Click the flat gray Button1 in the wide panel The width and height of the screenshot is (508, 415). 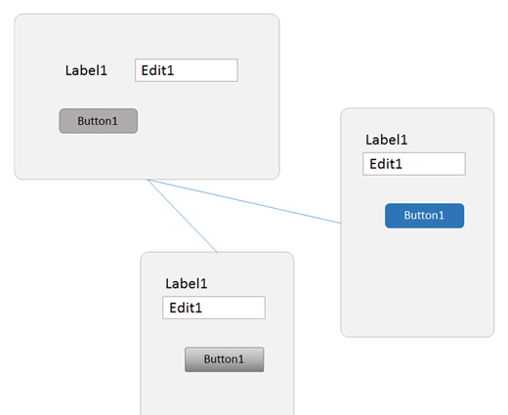99,121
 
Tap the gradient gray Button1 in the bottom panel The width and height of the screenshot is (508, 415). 225,359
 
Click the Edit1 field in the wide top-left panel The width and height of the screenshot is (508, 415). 187,70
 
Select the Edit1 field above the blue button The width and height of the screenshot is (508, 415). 414,164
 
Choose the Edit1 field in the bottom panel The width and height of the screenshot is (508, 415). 214,308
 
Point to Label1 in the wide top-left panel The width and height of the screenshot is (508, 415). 86,70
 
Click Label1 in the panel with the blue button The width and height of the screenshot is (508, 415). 387,140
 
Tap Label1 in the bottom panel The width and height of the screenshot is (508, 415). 187,283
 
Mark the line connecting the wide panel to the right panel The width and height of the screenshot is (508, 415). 244,201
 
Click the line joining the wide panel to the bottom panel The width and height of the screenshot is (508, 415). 182,216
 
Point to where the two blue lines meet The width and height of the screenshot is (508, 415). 148,180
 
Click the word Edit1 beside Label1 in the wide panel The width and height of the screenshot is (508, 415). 157,70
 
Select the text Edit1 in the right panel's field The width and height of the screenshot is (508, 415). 386,164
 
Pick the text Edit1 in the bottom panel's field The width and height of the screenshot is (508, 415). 186,308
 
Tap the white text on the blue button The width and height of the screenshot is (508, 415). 424,215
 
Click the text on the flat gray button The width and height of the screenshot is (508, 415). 98,121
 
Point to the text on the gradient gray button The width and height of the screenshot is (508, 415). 224,359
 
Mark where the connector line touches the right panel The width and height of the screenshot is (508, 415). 341,224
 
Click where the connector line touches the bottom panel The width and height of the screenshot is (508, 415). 217,252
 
